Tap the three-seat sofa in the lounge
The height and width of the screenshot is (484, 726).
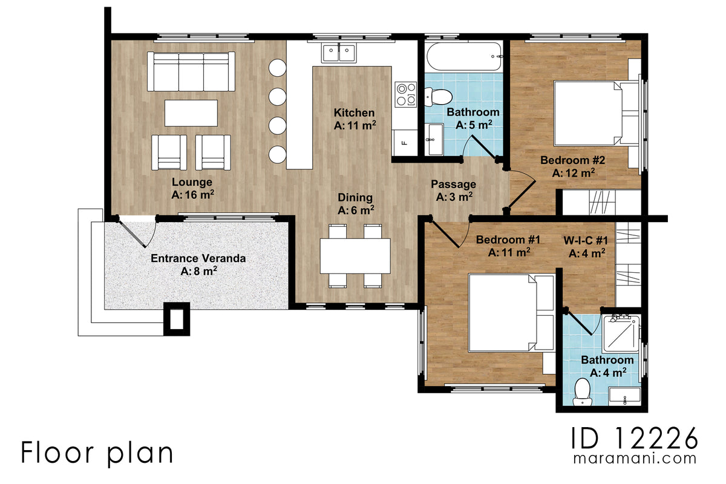pyautogui.click(x=191, y=71)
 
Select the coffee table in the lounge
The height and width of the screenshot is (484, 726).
pyautogui.click(x=191, y=113)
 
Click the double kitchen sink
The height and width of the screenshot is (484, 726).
pyautogui.click(x=339, y=53)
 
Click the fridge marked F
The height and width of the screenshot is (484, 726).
pyautogui.click(x=405, y=143)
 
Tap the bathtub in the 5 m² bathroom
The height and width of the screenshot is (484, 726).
pyautogui.click(x=464, y=57)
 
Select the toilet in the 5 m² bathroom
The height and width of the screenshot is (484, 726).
pyautogui.click(x=437, y=96)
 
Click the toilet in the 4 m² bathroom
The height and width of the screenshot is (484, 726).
pyautogui.click(x=583, y=390)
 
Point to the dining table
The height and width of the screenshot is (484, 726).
pyautogui.click(x=355, y=256)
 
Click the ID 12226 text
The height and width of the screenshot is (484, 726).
pyautogui.click(x=635, y=436)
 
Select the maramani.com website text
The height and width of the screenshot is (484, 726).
pyautogui.click(x=635, y=459)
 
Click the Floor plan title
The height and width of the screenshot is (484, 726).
pyautogui.click(x=97, y=453)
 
